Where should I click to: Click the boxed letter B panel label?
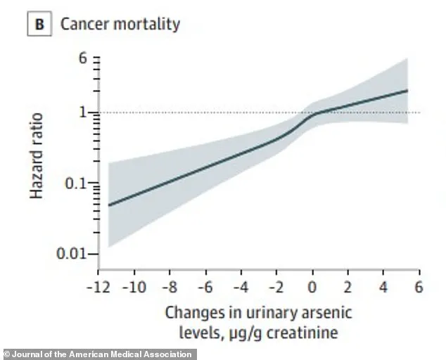click(39, 24)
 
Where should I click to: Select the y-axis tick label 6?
click(82, 59)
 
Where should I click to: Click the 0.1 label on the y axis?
click(77, 184)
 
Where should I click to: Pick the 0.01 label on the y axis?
click(73, 253)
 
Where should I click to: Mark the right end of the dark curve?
click(407, 90)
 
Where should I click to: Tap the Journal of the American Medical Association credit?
click(98, 354)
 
